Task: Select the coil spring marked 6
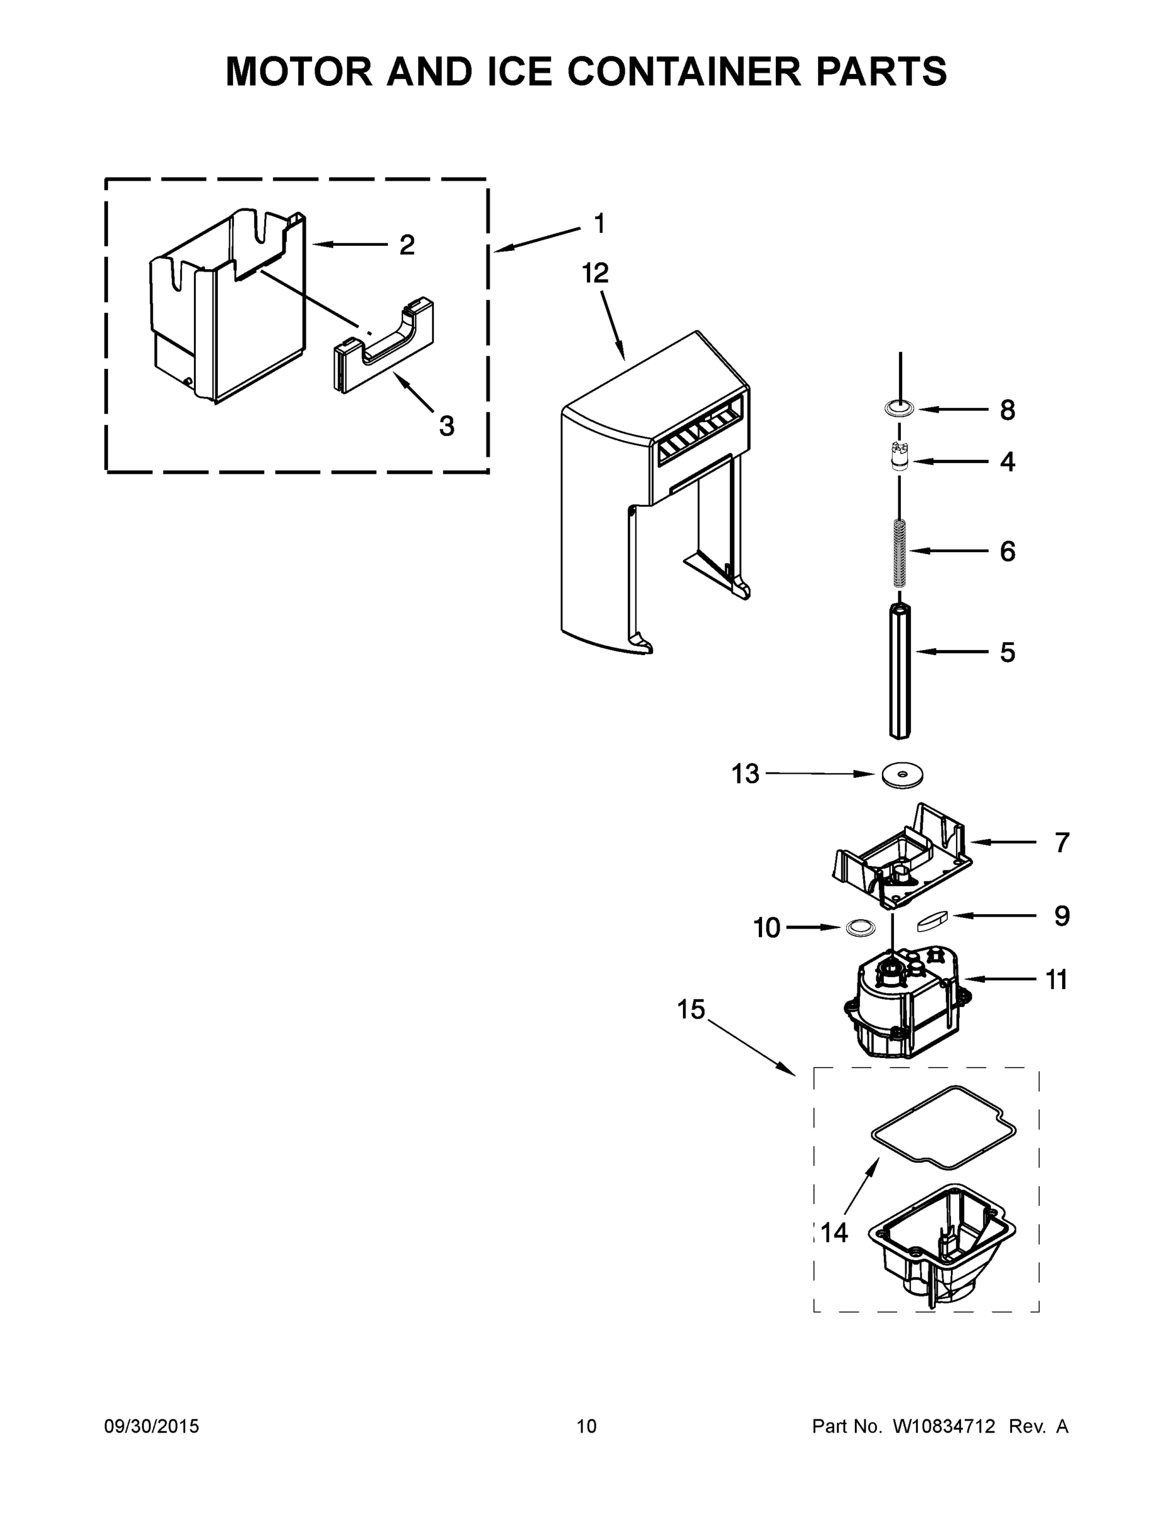click(900, 552)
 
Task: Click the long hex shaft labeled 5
click(900, 670)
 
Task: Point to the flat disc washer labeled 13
click(902, 774)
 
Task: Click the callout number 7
click(1061, 842)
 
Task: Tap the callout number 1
click(599, 224)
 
